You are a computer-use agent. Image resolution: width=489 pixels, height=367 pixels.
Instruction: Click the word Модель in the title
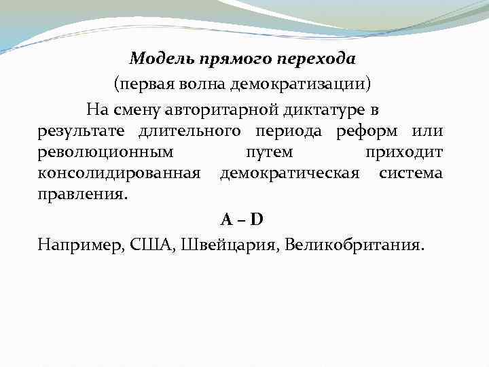[161, 58]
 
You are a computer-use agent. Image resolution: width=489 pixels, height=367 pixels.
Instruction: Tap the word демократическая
[289, 173]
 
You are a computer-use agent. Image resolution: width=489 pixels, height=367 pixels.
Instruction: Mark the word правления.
[81, 195]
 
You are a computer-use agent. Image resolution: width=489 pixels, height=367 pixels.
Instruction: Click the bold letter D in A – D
[257, 220]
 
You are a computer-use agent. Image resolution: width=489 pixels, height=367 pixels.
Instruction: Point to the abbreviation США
[156, 244]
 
